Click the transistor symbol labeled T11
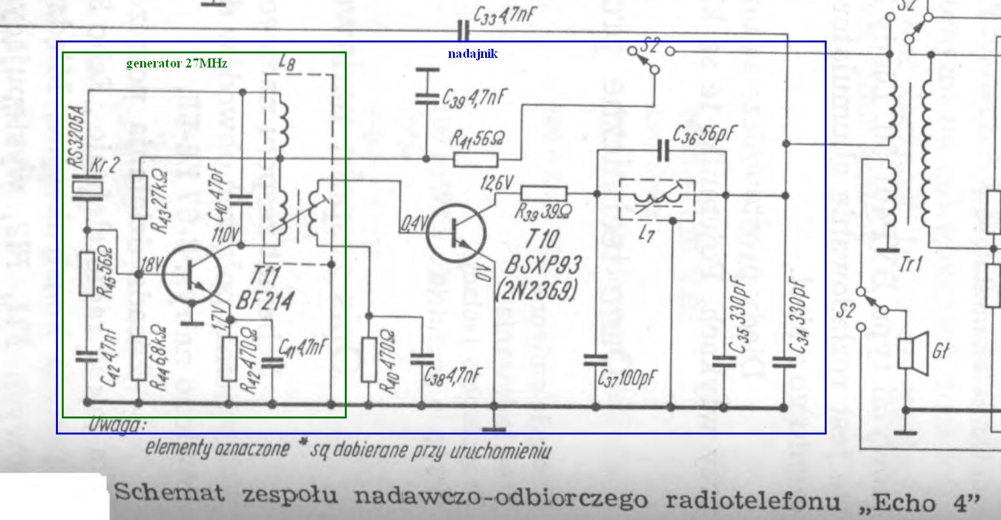point(191,274)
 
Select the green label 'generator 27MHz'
point(176,63)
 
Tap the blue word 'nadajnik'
point(472,54)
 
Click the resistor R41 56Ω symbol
point(475,158)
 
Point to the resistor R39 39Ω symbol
point(544,193)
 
